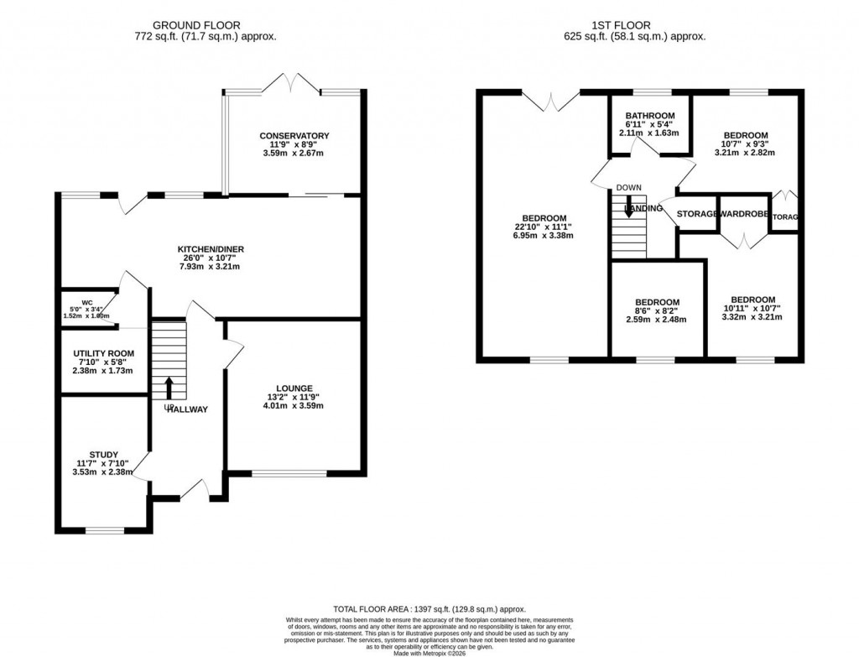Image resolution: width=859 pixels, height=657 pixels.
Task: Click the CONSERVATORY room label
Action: [x=294, y=136]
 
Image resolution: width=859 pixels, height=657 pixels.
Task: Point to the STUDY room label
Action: [x=104, y=454]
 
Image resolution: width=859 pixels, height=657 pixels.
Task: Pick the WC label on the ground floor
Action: [x=86, y=302]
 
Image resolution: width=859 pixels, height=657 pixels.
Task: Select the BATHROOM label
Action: [x=649, y=116]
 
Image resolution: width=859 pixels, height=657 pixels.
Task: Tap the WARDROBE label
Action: [x=743, y=215]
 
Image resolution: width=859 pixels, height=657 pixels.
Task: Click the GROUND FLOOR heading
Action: [x=205, y=25]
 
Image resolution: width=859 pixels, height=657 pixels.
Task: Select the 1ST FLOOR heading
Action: [x=636, y=25]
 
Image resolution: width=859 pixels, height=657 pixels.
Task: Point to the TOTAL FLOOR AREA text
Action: [x=429, y=609]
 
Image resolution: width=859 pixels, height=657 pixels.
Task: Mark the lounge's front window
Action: [x=289, y=473]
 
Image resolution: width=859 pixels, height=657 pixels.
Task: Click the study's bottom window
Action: [x=104, y=529]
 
